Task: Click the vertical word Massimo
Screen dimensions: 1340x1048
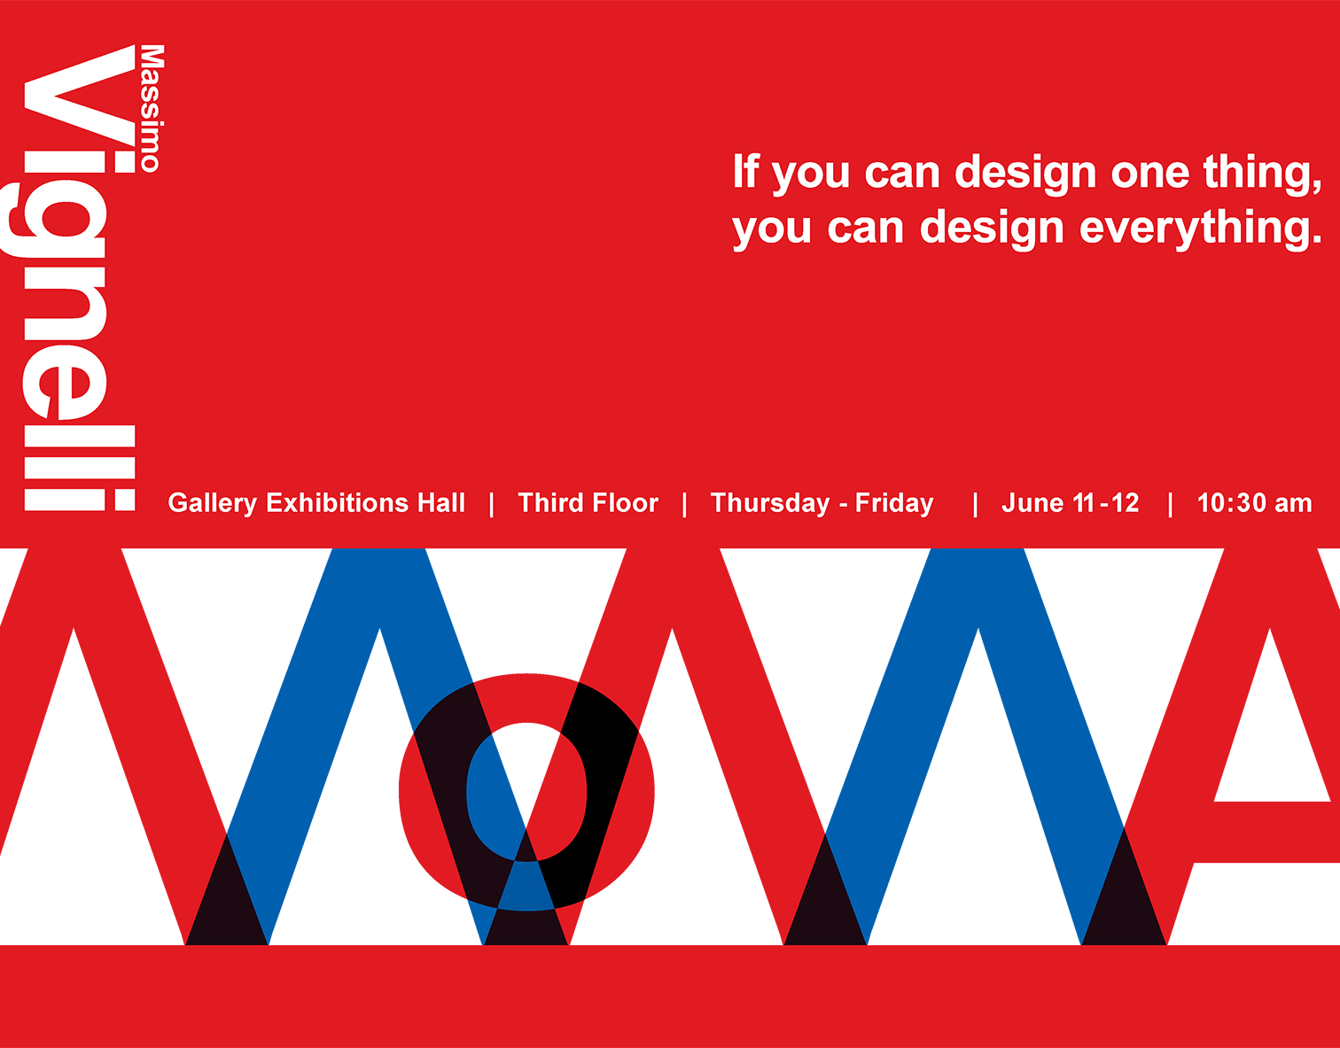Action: tap(152, 108)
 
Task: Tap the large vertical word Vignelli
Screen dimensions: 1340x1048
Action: tap(68, 277)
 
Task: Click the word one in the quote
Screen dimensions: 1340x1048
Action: tap(1150, 175)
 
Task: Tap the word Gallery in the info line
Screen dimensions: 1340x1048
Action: tap(212, 503)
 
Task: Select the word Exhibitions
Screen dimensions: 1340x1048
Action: tap(337, 503)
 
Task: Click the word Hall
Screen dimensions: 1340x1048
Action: tap(441, 503)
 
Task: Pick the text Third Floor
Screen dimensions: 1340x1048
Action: tap(588, 503)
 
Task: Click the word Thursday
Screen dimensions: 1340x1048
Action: tap(770, 503)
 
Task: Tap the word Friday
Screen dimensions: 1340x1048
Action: tap(894, 503)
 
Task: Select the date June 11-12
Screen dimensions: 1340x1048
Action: tap(1070, 503)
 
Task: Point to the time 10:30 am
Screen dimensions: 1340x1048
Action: tap(1254, 503)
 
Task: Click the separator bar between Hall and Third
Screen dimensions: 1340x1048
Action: tap(492, 505)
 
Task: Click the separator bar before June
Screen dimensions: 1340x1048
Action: tap(975, 505)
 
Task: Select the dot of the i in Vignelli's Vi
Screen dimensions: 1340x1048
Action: tap(124, 161)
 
